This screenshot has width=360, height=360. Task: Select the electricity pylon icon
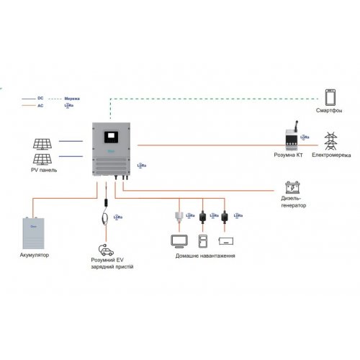pyautogui.click(x=332, y=139)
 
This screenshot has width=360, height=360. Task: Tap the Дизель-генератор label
pyautogui.click(x=293, y=202)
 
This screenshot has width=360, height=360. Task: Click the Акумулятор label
pyautogui.click(x=35, y=255)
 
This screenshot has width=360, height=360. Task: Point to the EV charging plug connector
pyautogui.click(x=107, y=216)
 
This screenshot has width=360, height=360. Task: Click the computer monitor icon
pyautogui.click(x=178, y=240)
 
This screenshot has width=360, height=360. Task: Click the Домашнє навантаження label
pyautogui.click(x=205, y=256)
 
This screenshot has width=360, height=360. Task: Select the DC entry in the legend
pyautogui.click(x=42, y=96)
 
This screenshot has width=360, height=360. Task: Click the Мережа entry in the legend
pyautogui.click(x=72, y=96)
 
